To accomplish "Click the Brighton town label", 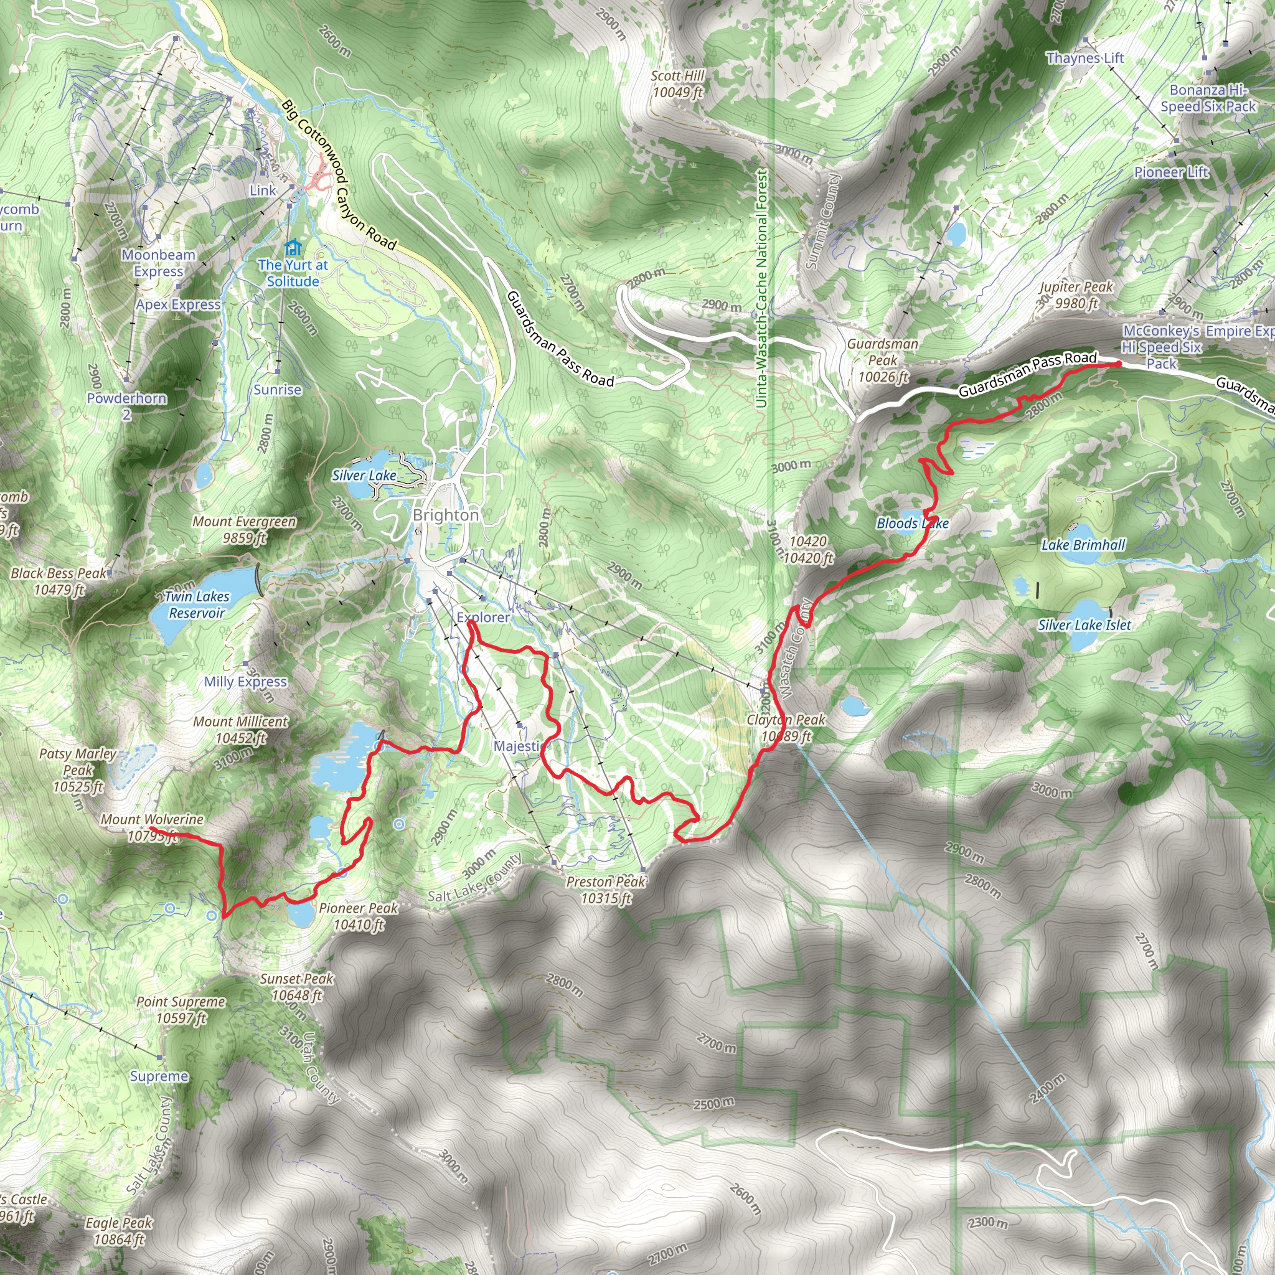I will [446, 515].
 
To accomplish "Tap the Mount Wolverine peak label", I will [152, 827].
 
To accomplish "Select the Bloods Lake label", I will [912, 524].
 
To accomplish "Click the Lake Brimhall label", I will [1083, 545].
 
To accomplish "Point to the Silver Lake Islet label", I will [1084, 624].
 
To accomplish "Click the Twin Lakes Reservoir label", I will [197, 605].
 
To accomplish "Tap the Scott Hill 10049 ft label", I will [677, 84].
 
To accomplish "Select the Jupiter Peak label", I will [1076, 295].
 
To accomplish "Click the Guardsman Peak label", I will [882, 360].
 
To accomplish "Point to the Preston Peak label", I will [606, 890].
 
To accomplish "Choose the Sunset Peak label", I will [296, 987].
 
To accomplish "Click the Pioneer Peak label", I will [359, 916].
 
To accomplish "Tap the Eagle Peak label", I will [119, 1231].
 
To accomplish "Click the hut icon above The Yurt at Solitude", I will [293, 248].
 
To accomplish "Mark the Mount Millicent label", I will [240, 729].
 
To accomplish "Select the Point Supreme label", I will [181, 1010].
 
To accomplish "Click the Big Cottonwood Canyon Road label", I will [339, 175].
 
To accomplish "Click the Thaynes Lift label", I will [1084, 58].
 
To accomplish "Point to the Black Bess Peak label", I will [59, 581].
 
